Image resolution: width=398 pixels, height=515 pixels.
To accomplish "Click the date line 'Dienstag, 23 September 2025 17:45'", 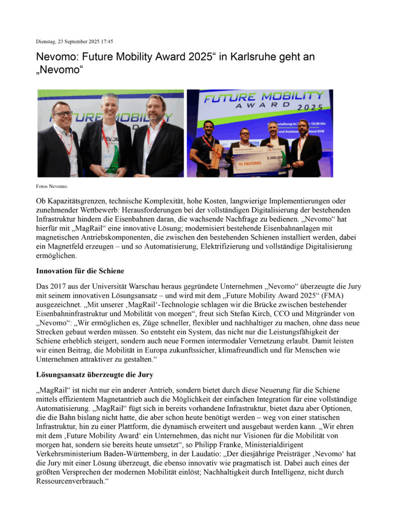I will tap(74, 41).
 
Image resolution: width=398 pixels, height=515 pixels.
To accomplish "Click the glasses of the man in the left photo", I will tap(63, 114).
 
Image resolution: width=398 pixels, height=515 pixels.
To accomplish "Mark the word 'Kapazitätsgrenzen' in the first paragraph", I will tap(75, 201).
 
